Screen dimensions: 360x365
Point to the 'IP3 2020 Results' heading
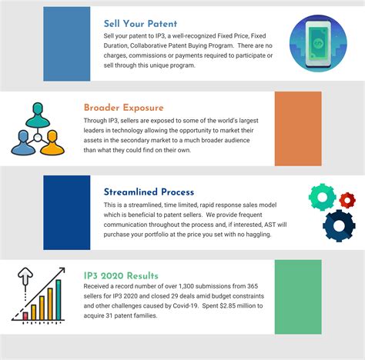pos(121,275)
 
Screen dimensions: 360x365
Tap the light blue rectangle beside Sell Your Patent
pos(66,43)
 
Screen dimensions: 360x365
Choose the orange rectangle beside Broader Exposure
pos(297,128)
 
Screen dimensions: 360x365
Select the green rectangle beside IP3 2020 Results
pos(297,296)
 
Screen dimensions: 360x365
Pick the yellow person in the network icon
pos(52,143)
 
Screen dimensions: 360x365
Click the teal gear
pos(321,197)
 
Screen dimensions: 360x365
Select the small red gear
pos(347,202)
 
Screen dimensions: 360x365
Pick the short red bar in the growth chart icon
pos(25,314)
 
